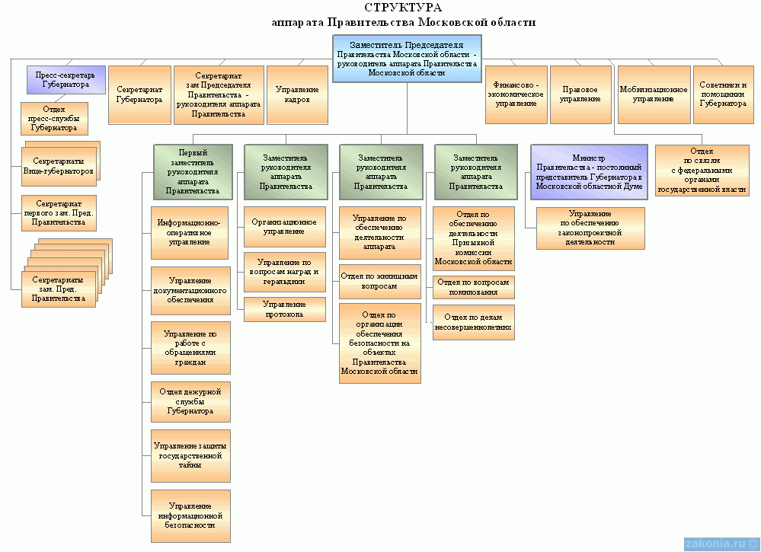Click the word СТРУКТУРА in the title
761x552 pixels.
(403, 8)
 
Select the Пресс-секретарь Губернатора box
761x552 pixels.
(66, 80)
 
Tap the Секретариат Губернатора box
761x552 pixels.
(139, 94)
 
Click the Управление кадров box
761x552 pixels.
(297, 94)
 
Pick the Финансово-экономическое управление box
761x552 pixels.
(516, 94)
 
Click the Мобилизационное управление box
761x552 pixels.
(653, 94)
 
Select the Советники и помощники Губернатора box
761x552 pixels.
(723, 94)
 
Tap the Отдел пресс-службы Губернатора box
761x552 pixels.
(53, 118)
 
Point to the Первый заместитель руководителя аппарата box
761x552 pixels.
(192, 171)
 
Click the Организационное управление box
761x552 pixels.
(284, 226)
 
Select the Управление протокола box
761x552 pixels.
(284, 309)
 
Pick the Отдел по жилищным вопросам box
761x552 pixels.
(379, 281)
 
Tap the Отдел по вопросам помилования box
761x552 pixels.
(473, 287)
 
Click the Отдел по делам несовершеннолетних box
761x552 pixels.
(473, 322)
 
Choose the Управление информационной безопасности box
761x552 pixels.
(190, 515)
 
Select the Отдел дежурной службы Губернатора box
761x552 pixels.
(190, 401)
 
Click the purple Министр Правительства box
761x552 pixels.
(588, 172)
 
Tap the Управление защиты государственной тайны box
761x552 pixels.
(190, 455)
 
